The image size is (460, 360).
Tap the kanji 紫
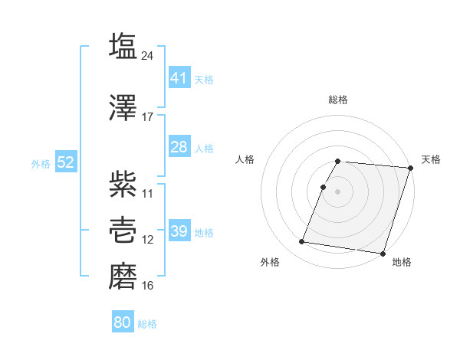click(x=123, y=182)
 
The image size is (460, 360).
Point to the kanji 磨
click(x=123, y=274)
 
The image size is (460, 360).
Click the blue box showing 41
click(x=179, y=77)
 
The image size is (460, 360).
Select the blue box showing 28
click(x=179, y=147)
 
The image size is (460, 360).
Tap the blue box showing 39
click(x=179, y=231)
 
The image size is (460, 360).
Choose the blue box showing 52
click(x=65, y=162)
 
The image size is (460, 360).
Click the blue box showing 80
click(x=123, y=322)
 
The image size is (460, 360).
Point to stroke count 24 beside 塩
click(x=148, y=55)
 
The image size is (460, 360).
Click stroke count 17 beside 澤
click(x=148, y=117)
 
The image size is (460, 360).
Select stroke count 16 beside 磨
click(x=148, y=286)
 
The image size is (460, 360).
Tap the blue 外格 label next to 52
click(x=41, y=163)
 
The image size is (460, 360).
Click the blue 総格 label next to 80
click(x=147, y=324)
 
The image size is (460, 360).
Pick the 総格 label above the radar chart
click(x=338, y=100)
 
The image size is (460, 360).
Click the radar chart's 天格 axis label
click(x=431, y=159)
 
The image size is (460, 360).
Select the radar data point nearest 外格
click(x=301, y=242)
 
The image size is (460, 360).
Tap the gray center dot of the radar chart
click(x=338, y=191)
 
